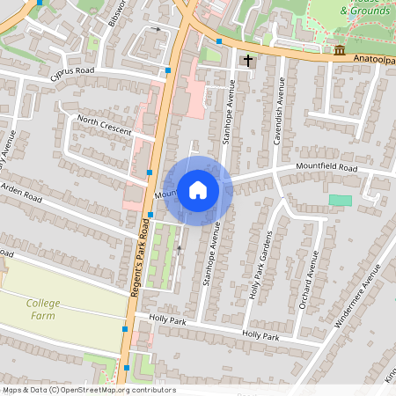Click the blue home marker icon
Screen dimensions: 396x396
click(x=198, y=189)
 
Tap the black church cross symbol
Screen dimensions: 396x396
click(x=247, y=61)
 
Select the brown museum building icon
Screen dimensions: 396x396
click(x=340, y=49)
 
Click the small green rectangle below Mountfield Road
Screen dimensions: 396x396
click(x=340, y=201)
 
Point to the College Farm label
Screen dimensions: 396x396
click(x=43, y=309)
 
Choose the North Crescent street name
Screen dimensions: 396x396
click(x=104, y=125)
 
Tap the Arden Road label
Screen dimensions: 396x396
click(x=21, y=193)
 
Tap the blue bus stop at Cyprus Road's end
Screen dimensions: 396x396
click(x=168, y=70)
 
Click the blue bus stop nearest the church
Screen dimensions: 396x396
click(x=219, y=40)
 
